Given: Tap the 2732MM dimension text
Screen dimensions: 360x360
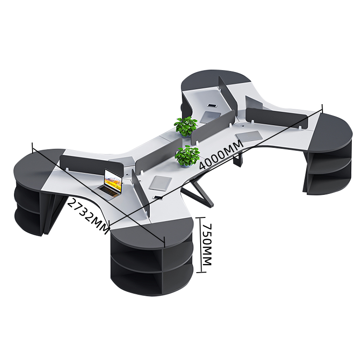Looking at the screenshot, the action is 88,216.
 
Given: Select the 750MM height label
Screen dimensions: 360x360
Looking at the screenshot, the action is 206,244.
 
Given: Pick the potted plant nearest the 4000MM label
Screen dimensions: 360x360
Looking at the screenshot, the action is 187,156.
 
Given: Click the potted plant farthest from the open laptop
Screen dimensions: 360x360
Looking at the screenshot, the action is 186,127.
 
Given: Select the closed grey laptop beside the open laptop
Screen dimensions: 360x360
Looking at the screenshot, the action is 160,182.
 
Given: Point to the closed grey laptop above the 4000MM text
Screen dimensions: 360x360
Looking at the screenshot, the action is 249,136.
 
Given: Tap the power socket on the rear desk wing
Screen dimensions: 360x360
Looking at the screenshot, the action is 212,106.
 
